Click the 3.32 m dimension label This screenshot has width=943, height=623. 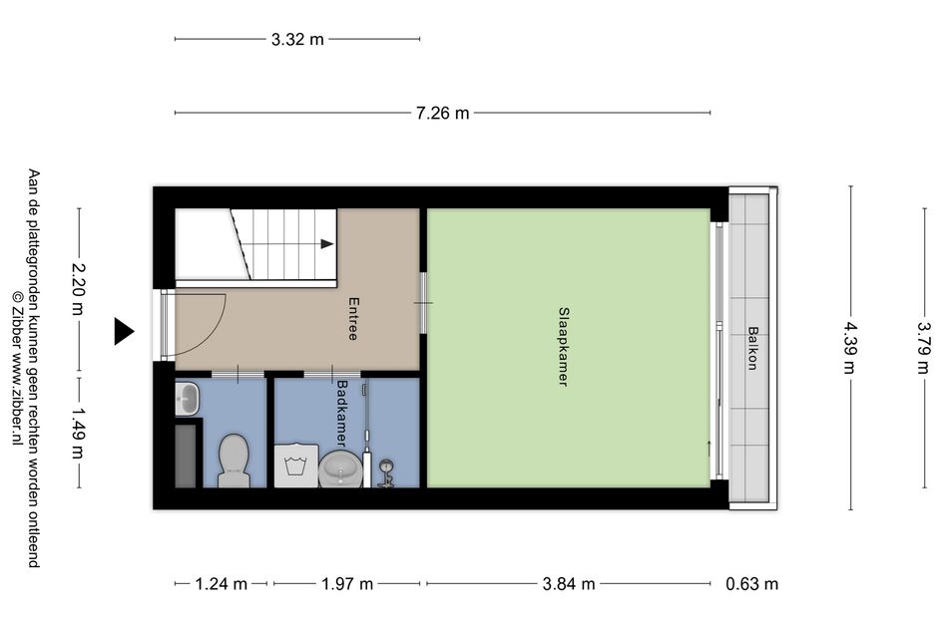coord(297,40)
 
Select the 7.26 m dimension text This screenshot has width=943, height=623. coord(442,113)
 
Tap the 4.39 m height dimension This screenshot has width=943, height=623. coord(849,347)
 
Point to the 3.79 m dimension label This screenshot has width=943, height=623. coord(924,347)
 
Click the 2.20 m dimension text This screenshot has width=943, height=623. coord(78,289)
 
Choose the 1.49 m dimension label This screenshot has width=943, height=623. coord(78,433)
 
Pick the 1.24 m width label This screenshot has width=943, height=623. coord(222,584)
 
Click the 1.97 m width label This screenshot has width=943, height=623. coord(347,584)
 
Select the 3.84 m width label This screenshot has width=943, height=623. coord(569,584)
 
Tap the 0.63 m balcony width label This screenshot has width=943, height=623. coord(751,584)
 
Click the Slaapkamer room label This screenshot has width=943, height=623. coord(564,347)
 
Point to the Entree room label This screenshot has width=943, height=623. coord(353,319)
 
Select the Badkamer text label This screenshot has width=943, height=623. coord(342,414)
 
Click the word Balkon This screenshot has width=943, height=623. coord(752,348)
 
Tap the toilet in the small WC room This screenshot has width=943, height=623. coord(234,461)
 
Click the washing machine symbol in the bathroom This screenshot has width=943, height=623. coord(296,466)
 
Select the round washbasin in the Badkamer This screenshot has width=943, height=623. coord(340,469)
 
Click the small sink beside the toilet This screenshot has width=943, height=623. coord(188,399)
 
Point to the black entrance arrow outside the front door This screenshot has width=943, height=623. coord(125,331)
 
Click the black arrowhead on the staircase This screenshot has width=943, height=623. coord(326,244)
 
